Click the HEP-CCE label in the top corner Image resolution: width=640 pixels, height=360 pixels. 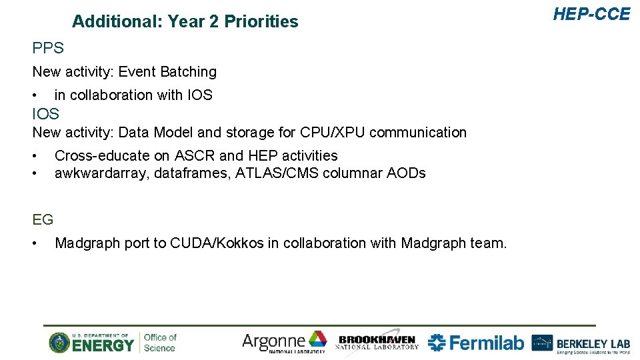click(x=591, y=14)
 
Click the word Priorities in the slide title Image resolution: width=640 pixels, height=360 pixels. click(x=261, y=22)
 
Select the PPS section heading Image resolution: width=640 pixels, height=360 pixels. click(x=48, y=48)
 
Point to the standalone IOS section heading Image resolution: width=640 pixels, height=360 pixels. click(x=45, y=114)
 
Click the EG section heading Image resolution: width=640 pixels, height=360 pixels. click(x=43, y=219)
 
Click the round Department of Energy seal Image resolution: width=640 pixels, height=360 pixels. click(x=59, y=343)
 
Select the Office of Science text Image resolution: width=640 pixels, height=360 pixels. click(x=160, y=343)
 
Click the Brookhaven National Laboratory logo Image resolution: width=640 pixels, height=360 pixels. click(x=377, y=342)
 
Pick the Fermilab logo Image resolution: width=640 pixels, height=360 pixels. click(x=476, y=343)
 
